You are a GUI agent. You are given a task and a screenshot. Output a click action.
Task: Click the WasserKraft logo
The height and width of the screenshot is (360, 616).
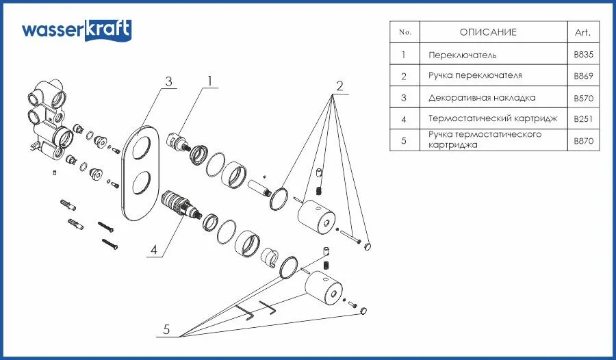click(76, 30)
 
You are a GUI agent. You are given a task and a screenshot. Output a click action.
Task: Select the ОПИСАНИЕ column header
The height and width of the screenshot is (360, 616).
click(488, 32)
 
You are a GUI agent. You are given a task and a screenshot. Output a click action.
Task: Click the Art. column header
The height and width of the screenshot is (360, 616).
click(582, 32)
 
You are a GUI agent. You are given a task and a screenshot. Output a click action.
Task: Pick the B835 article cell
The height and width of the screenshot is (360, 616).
click(583, 54)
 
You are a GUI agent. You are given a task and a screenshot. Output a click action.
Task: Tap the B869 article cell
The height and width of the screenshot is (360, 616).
click(583, 76)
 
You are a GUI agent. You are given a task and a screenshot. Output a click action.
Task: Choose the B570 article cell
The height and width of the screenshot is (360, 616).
click(583, 98)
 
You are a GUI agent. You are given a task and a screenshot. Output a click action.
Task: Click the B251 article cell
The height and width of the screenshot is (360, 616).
click(583, 118)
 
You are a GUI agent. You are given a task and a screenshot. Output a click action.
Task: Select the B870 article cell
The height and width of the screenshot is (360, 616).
click(583, 141)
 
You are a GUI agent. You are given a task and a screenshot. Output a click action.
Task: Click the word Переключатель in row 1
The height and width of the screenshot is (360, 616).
click(463, 55)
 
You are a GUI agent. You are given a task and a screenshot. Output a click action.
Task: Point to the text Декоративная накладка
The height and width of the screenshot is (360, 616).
click(482, 97)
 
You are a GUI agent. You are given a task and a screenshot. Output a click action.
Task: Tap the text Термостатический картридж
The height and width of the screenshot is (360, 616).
click(493, 118)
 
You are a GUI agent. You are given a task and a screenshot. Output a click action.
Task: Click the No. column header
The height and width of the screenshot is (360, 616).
click(405, 32)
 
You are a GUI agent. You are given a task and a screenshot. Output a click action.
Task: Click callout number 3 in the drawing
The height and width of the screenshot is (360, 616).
click(168, 81)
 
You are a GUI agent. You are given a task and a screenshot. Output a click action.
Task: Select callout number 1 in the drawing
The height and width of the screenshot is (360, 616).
click(210, 81)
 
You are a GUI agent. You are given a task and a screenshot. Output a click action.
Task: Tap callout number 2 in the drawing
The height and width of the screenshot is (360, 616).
click(339, 86)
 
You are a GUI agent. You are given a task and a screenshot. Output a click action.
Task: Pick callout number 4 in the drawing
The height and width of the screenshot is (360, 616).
click(154, 250)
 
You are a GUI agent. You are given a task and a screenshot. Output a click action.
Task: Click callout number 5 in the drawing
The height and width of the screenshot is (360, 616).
click(166, 329)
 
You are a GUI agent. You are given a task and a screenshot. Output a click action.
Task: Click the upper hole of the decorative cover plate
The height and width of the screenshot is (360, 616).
click(141, 146)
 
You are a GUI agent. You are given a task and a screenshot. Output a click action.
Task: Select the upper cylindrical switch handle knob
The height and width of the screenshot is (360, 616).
click(317, 216)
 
